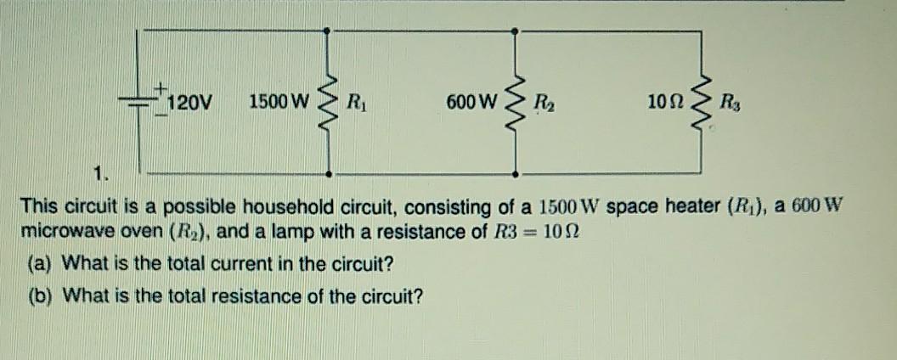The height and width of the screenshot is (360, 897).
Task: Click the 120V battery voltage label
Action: [191, 104]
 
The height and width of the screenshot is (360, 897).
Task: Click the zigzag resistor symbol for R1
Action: [329, 102]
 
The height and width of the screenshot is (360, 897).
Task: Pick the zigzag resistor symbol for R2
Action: [514, 102]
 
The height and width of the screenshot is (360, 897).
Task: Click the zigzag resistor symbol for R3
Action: [702, 102]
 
